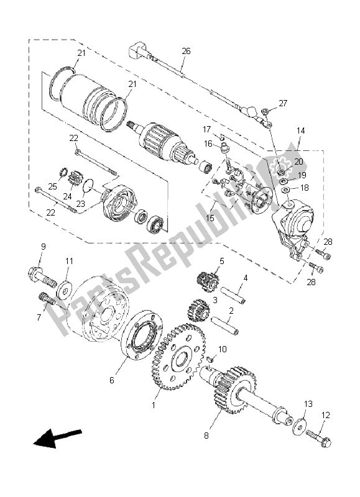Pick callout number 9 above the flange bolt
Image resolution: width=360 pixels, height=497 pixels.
[x=43, y=247]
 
